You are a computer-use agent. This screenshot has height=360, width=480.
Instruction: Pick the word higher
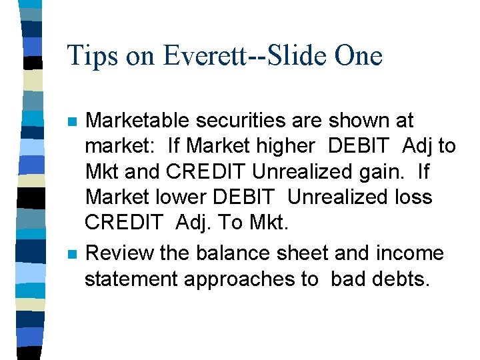click(289, 146)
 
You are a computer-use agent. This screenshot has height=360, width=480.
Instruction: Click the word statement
click(131, 279)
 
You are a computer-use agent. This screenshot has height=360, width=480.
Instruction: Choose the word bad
click(347, 279)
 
